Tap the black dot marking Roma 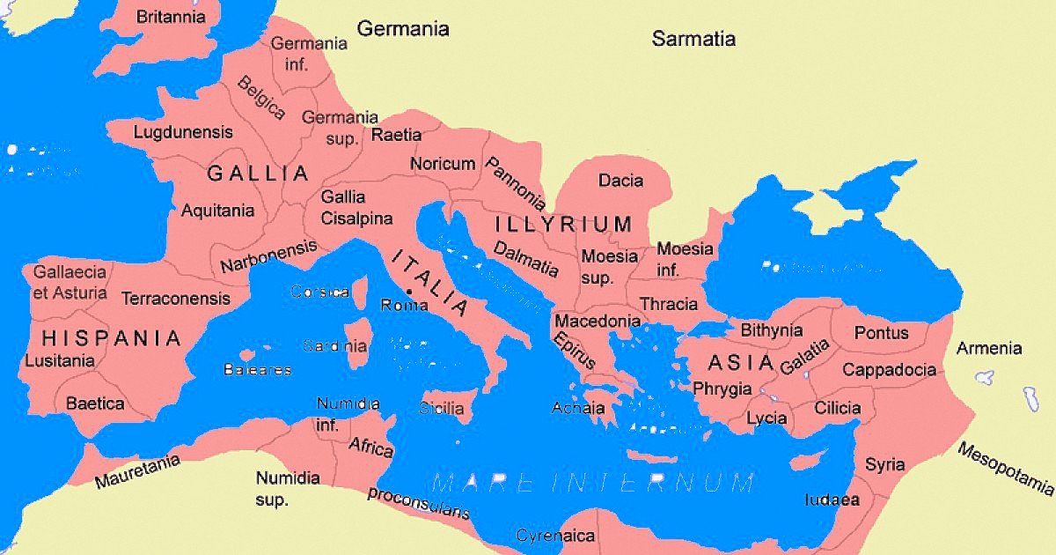click(409, 291)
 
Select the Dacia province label click(620, 181)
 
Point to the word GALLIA click(258, 174)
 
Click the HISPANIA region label click(112, 337)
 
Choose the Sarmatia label click(693, 39)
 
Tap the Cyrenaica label click(555, 536)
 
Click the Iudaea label click(832, 499)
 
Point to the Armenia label click(989, 348)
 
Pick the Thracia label click(668, 305)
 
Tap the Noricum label click(443, 164)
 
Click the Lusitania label click(60, 360)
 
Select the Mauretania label click(137, 472)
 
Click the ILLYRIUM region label click(563, 224)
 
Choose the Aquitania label click(217, 211)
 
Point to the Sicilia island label click(441, 409)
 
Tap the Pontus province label click(882, 334)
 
